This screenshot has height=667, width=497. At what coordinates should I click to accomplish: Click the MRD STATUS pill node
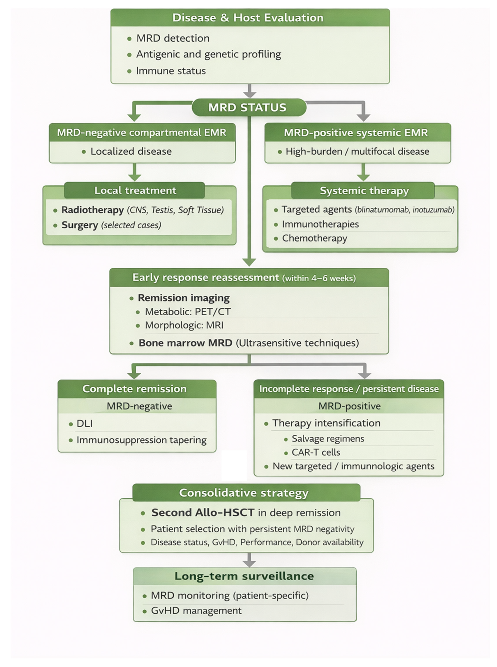tap(249, 108)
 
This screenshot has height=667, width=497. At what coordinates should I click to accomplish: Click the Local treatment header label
tap(135, 190)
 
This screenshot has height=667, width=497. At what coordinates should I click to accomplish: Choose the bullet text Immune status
tap(171, 71)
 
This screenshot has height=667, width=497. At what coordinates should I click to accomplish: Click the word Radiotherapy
tap(93, 210)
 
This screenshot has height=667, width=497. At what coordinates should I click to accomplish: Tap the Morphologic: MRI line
tap(184, 325)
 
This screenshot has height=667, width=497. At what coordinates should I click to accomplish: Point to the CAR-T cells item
tap(316, 452)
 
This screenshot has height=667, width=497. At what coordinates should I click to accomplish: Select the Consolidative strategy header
tap(244, 493)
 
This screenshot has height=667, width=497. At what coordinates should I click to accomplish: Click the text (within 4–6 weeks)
tap(319, 278)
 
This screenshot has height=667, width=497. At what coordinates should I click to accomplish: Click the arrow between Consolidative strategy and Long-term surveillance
tap(249, 559)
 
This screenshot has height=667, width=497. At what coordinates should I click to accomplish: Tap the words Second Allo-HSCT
tap(203, 512)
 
